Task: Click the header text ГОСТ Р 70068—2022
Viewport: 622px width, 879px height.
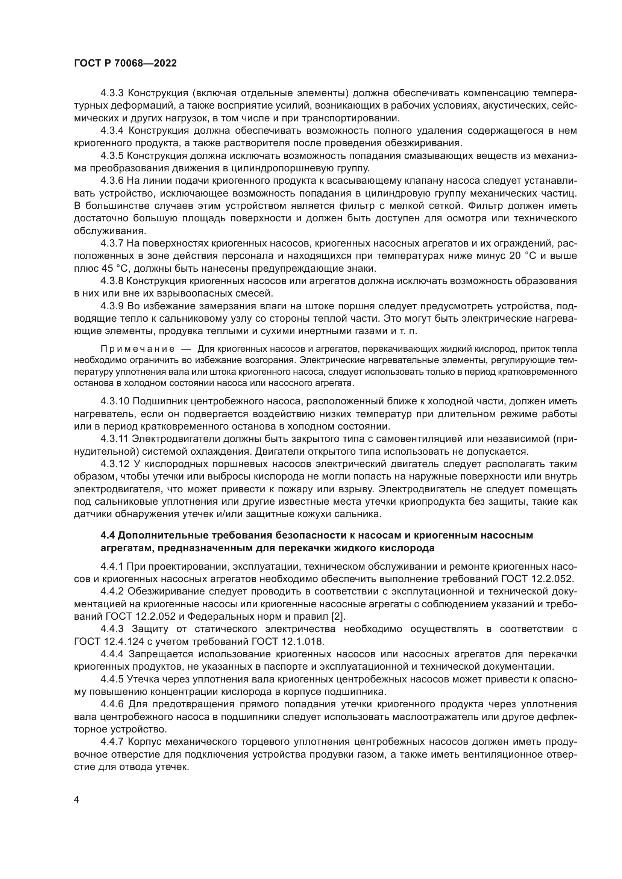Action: [x=125, y=64]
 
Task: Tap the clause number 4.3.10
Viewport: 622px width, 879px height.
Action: [x=115, y=401]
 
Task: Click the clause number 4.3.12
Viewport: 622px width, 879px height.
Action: [x=115, y=464]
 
